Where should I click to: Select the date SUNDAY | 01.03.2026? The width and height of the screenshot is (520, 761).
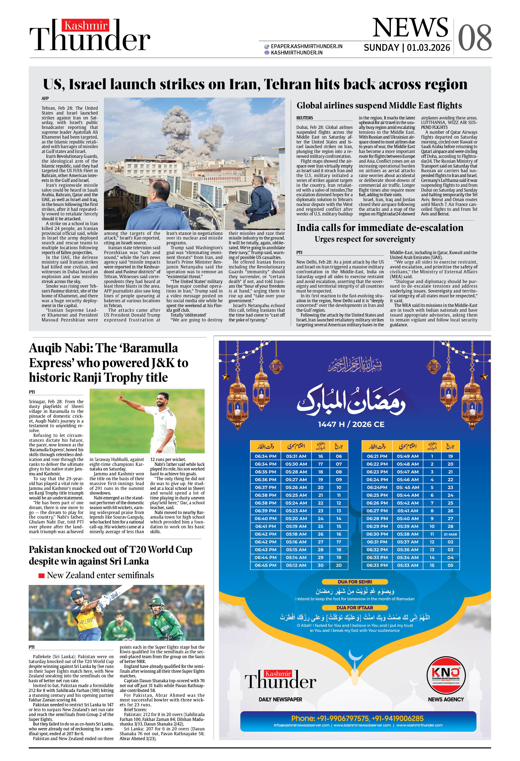tap(407, 48)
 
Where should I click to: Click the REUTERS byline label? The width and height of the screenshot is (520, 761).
tap(305, 118)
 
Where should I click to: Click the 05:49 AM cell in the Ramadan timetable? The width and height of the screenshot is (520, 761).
tap(407, 456)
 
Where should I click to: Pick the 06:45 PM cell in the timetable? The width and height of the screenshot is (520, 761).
tap(265, 565)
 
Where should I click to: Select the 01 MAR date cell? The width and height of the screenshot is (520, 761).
tap(450, 534)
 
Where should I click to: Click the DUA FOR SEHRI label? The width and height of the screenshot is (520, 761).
tap(355, 582)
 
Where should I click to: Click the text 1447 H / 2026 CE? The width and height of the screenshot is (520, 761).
tap(351, 424)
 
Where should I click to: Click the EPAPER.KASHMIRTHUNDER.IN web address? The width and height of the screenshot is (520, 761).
tap(306, 46)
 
